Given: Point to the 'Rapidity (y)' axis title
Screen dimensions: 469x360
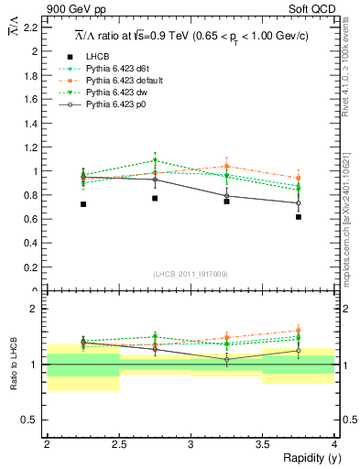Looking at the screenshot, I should (x=306, y=457).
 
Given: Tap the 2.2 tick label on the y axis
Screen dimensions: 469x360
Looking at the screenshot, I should (x=31, y=27).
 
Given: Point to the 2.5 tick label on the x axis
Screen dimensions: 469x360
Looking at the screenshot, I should (x=118, y=443).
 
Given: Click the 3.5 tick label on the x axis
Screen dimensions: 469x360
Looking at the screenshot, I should (x=262, y=443).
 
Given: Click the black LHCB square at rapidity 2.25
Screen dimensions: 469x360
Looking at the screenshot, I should (x=83, y=204).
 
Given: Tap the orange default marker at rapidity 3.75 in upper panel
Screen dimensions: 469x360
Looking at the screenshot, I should (x=298, y=179).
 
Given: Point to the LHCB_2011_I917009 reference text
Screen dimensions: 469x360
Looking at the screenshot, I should (x=190, y=274).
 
